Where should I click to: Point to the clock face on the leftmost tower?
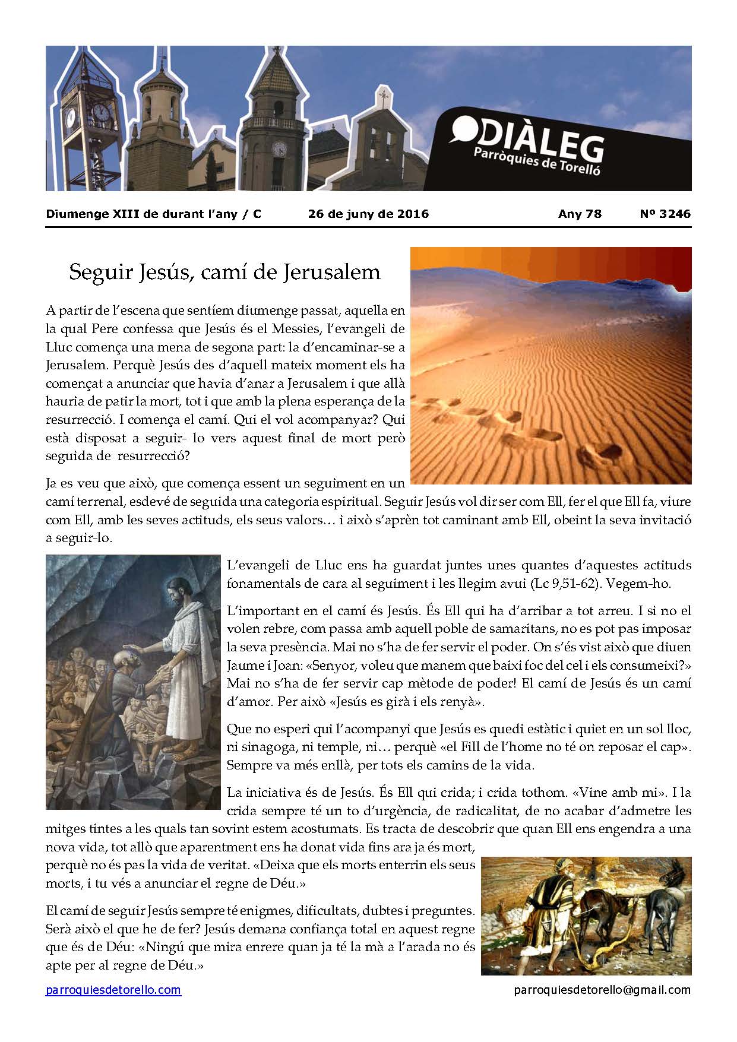72,117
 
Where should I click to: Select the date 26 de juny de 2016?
368,214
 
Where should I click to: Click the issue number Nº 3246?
665,214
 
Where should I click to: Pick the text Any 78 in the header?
580,214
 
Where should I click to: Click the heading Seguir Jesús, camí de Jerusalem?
224,272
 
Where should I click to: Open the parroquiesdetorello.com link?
113,990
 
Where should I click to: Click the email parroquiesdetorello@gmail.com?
602,990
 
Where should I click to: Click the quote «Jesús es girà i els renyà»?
409,701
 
